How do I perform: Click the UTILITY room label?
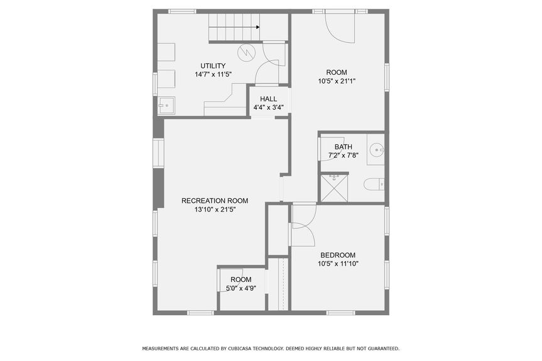[213, 66]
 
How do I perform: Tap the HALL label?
[269, 99]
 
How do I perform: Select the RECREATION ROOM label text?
[215, 201]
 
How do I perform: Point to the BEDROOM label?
[338, 255]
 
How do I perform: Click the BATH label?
[344, 148]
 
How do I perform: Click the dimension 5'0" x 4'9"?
[241, 288]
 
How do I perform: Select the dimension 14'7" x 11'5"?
[213, 74]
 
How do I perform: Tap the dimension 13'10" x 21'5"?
[215, 210]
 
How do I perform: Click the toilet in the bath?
[374, 184]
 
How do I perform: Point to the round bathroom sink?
[376, 149]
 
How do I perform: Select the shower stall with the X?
[335, 188]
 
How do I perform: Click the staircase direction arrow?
[257, 28]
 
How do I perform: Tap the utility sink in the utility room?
[166, 105]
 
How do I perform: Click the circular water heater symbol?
[246, 52]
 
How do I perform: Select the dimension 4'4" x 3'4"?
[269, 107]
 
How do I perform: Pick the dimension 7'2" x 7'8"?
[344, 156]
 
